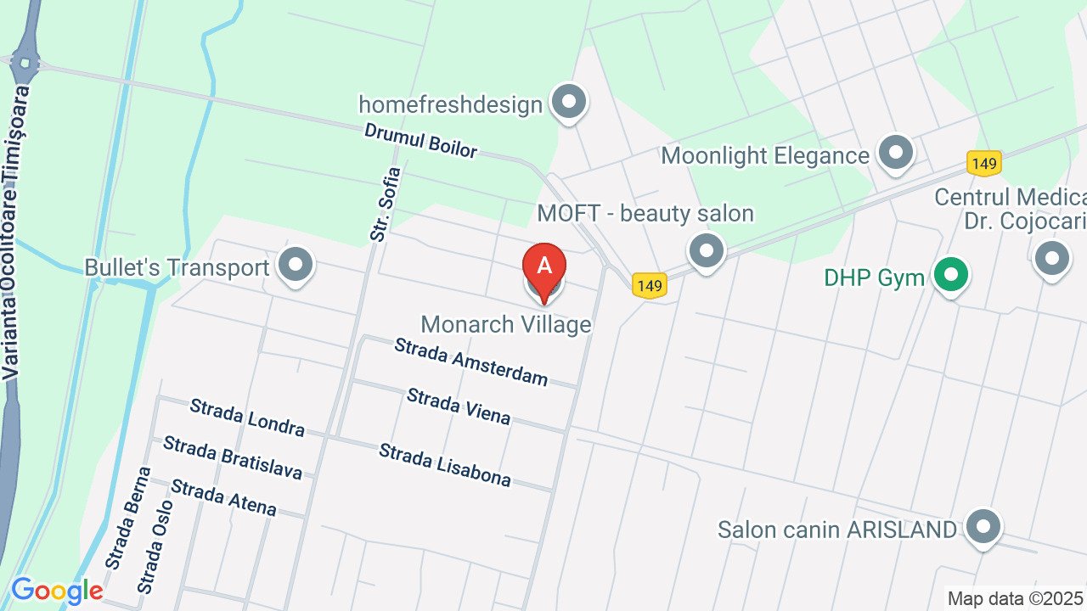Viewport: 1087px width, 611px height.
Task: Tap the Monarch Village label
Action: click(505, 324)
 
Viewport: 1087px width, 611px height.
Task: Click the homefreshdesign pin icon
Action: click(569, 103)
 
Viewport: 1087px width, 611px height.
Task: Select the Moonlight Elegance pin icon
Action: click(895, 154)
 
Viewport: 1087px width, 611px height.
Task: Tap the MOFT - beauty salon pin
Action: click(706, 250)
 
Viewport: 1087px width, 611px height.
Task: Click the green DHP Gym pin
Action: click(951, 276)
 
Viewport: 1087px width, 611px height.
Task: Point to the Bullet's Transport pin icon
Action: click(296, 266)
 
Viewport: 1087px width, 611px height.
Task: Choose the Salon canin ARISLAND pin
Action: click(983, 528)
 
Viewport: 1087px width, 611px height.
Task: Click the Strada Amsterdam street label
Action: click(471, 362)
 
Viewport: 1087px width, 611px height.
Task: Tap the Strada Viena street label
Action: click(459, 406)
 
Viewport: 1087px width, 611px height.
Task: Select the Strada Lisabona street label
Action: click(445, 465)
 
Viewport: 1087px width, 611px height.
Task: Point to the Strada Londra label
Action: click(247, 418)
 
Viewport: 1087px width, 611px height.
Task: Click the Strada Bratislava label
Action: click(233, 457)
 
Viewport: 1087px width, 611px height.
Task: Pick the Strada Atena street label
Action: click(223, 497)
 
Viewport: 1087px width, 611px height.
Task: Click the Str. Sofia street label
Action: click(386, 204)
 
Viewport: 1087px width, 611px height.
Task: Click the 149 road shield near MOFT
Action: click(649, 286)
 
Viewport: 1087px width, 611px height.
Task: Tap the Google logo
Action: click(57, 590)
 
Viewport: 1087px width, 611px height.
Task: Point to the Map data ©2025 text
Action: click(1016, 598)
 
